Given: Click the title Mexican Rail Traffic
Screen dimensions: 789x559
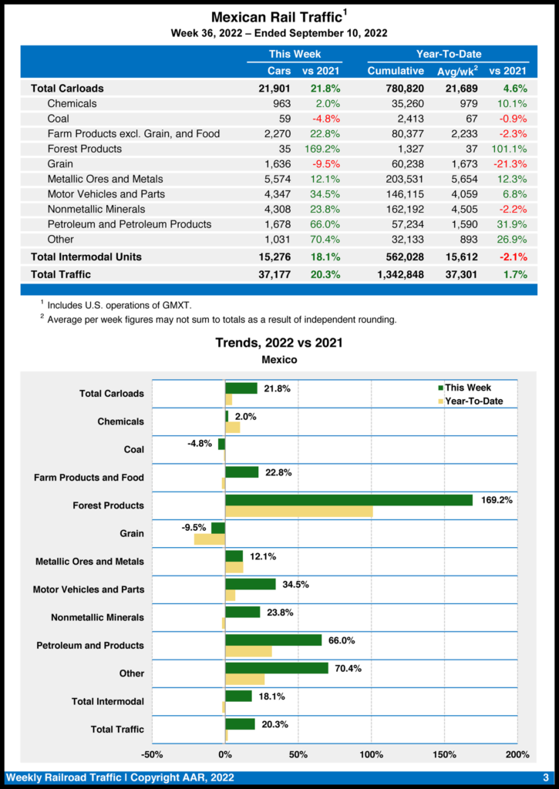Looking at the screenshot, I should (x=276, y=17).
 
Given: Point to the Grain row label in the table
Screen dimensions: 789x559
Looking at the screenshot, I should (x=60, y=163).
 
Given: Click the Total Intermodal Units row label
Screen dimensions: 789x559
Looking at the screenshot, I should (x=86, y=257).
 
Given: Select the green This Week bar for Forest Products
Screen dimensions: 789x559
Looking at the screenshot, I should (x=349, y=500).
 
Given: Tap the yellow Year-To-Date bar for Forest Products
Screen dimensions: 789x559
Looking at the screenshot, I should (x=298, y=512).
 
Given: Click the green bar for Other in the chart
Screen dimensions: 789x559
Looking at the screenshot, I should (x=277, y=668).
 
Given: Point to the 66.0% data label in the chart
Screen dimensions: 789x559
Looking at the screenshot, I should (x=341, y=640).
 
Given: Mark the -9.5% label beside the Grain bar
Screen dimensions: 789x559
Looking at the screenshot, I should (x=194, y=528).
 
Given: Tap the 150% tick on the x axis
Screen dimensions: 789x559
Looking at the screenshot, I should (x=444, y=754).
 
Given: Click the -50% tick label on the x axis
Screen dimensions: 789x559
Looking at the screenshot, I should (x=152, y=754).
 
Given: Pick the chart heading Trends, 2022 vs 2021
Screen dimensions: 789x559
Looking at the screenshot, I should (x=279, y=343).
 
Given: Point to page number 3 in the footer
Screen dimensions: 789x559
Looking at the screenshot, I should (x=545, y=777).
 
